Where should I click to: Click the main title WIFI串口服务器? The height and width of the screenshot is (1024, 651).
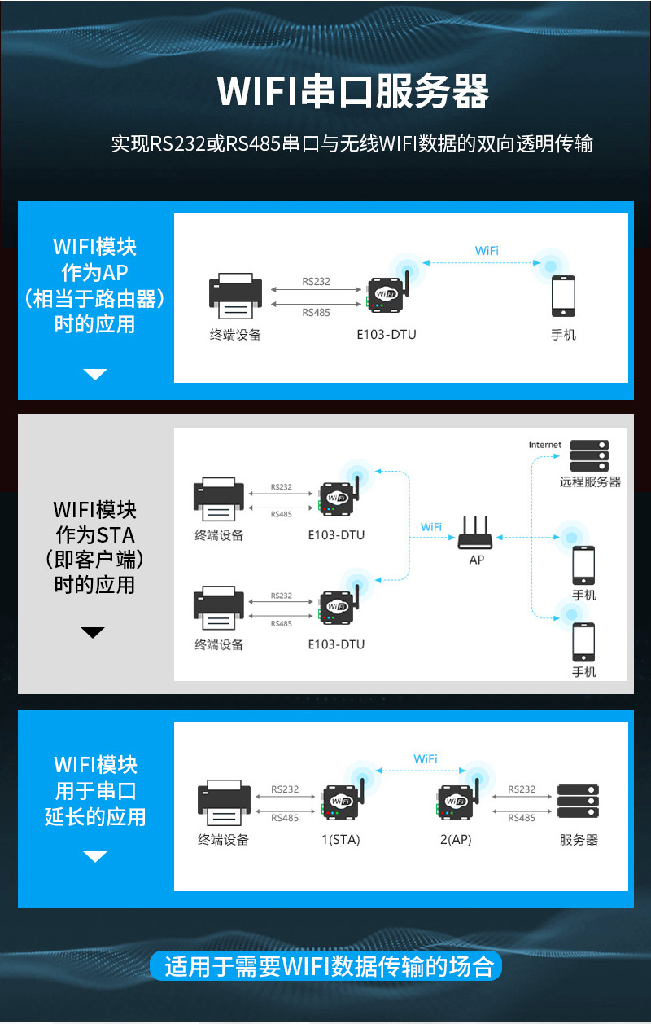[x=352, y=91]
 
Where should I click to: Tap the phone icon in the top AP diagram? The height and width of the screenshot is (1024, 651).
[x=563, y=297]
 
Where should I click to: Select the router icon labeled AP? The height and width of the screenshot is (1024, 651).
[x=477, y=534]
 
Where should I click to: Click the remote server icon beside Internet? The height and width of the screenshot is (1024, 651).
[x=589, y=455]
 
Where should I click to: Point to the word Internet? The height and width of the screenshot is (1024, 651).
[x=544, y=445]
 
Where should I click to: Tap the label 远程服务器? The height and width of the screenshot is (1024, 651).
[x=590, y=481]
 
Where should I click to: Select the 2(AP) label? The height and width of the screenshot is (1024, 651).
[x=456, y=840]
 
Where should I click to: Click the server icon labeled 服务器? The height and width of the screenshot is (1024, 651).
[x=579, y=802]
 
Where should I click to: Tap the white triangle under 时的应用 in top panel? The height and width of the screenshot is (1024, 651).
[x=95, y=374]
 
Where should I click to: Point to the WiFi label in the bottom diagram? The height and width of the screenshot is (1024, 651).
[x=426, y=759]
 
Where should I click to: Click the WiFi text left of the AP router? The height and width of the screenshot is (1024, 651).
[x=431, y=527]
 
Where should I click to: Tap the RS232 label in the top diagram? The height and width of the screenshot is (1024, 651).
[x=317, y=282]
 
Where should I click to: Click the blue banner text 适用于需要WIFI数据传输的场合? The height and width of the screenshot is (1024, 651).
[x=329, y=967]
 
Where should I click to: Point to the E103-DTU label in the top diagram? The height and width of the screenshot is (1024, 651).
[x=387, y=334]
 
